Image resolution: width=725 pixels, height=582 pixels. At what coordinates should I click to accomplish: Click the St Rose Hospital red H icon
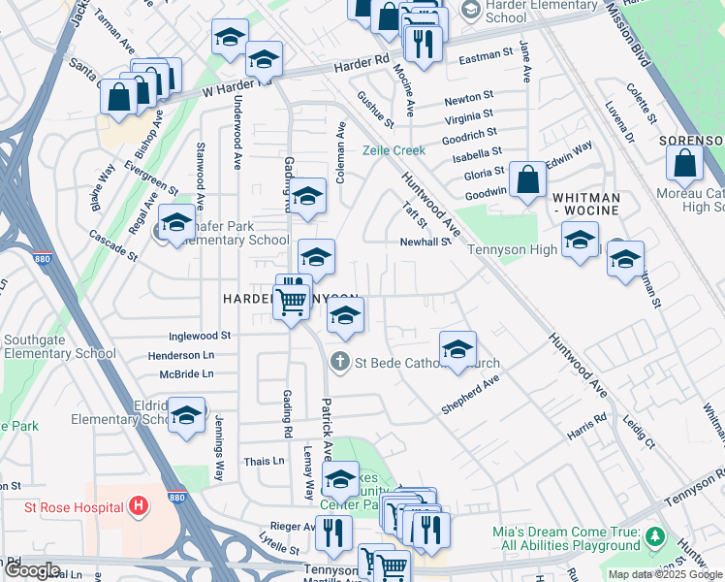click(x=140, y=506)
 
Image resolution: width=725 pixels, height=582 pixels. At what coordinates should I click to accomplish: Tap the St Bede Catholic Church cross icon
click(x=339, y=363)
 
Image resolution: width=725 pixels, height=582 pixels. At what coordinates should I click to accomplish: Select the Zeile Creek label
click(x=394, y=150)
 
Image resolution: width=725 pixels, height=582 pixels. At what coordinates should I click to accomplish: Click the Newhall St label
click(x=426, y=242)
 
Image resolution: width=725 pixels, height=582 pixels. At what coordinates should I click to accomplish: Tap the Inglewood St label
click(x=200, y=336)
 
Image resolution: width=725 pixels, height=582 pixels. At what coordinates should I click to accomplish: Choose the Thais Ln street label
click(x=265, y=462)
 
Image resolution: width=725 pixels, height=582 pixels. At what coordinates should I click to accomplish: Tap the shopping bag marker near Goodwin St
click(x=527, y=179)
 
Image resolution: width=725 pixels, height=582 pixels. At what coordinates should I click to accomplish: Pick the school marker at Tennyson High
click(x=580, y=239)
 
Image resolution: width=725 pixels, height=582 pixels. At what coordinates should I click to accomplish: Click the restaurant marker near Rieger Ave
click(x=333, y=531)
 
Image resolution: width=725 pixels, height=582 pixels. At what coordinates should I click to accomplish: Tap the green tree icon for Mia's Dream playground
click(x=656, y=536)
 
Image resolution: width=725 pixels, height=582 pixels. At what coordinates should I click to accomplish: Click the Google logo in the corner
click(x=32, y=570)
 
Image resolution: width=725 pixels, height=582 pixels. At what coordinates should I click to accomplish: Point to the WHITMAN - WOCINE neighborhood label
click(x=586, y=204)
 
